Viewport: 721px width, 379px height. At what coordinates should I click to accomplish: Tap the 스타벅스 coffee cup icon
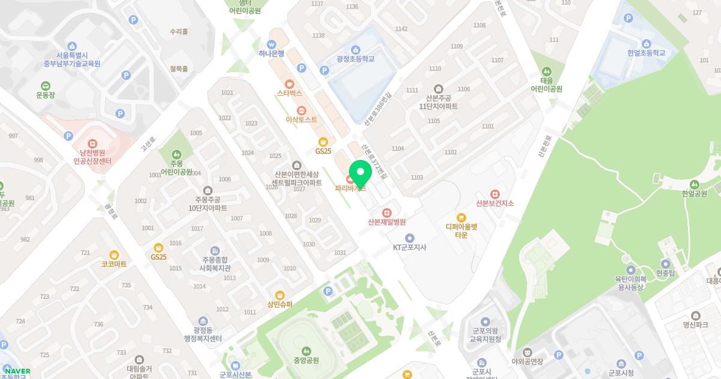(x=290, y=84)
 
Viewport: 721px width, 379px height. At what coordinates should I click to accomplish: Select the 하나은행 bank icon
(x=272, y=44)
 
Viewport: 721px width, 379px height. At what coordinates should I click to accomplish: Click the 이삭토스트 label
(x=301, y=119)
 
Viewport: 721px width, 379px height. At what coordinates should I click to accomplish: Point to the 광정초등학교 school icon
(x=355, y=49)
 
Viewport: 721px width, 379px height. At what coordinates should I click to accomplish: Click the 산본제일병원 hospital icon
(x=387, y=212)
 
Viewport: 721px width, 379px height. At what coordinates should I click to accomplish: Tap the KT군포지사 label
(x=409, y=247)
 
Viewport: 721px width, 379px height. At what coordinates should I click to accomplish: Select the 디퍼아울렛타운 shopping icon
(x=461, y=218)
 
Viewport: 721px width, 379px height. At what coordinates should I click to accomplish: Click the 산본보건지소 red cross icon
(x=494, y=194)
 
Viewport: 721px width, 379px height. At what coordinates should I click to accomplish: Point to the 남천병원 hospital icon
(x=93, y=144)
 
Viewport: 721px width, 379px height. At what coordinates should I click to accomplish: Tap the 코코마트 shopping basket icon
(x=114, y=254)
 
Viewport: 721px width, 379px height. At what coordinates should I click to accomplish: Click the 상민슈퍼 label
(x=280, y=304)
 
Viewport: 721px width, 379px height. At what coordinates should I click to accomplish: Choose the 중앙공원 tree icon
(x=306, y=350)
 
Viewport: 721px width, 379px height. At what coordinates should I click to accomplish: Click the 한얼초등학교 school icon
(x=646, y=43)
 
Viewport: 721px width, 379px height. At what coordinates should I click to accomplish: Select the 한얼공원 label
(x=695, y=193)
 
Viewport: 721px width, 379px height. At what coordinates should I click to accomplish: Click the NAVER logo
(x=17, y=371)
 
